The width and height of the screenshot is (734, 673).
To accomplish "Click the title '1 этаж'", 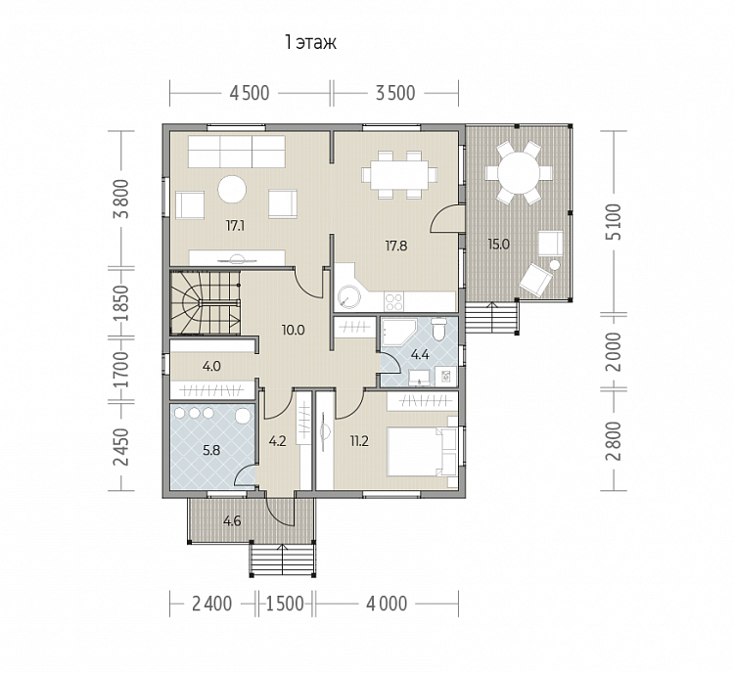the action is tap(310, 43).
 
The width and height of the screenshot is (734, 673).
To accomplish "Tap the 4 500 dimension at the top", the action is tap(250, 93).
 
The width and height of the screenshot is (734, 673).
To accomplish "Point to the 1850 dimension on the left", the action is tap(121, 302).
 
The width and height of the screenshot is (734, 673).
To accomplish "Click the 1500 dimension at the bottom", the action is tap(285, 604).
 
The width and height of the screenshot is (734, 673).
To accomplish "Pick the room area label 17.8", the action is tap(396, 246).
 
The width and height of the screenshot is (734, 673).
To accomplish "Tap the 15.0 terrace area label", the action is tap(498, 245).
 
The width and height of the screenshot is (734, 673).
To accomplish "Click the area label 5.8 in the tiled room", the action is tap(211, 451).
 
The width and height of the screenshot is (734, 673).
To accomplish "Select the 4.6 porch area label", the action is tap(232, 520).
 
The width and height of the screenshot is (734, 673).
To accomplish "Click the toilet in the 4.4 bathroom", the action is tap(439, 329).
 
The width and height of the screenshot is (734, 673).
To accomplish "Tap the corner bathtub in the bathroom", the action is tap(398, 332).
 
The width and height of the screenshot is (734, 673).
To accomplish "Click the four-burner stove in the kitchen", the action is tap(393, 300).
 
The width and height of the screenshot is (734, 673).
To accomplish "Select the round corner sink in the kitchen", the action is tap(348, 297).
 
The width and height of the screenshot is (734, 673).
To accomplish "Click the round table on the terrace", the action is tap(519, 173).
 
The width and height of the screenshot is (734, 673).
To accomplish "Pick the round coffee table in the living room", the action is tap(232, 189).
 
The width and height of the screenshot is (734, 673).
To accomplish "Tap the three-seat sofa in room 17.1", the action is tap(237, 152).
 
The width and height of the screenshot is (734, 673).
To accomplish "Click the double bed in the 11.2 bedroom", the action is tap(422, 451).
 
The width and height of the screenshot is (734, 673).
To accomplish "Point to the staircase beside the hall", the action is tap(205, 303).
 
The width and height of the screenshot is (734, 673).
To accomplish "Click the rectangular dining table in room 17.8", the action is tap(400, 175).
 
